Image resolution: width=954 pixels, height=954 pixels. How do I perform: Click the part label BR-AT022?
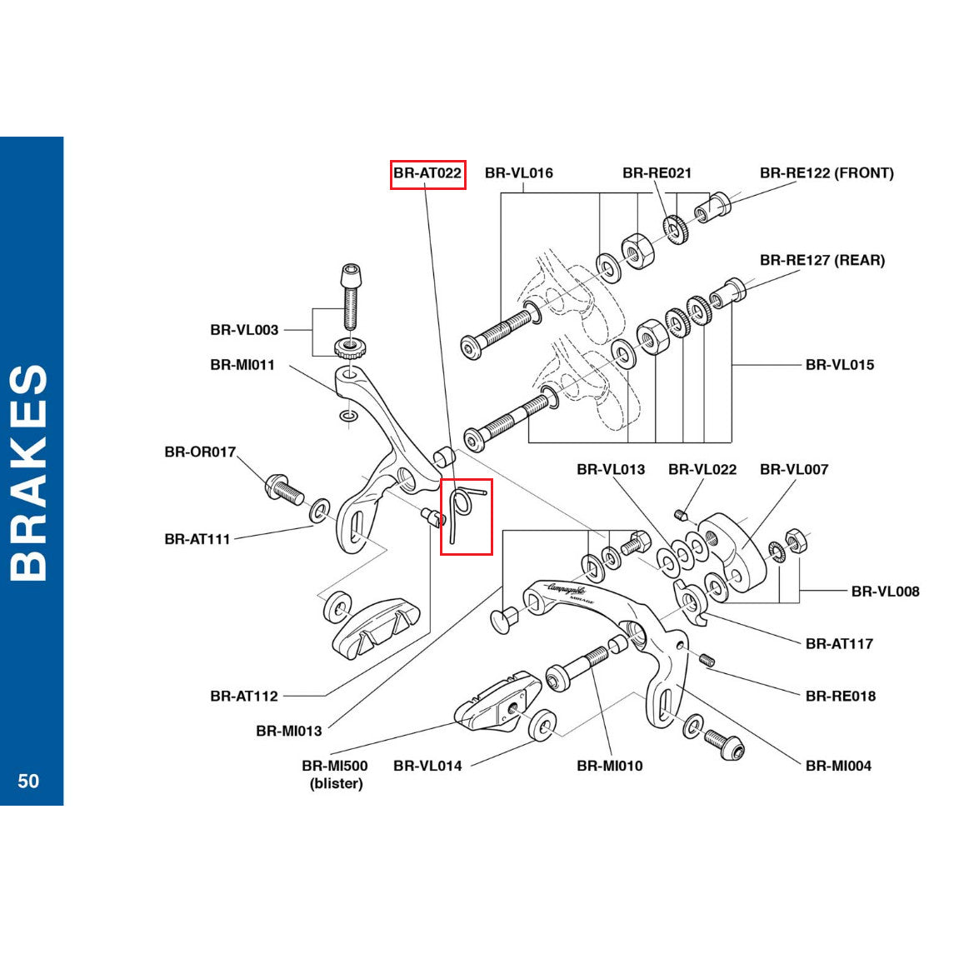point(427,173)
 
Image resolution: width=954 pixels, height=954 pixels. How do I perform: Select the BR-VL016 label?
point(518,173)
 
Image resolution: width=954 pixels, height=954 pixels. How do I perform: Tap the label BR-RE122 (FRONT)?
point(827,173)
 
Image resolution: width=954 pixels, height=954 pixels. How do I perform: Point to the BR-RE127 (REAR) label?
point(822,261)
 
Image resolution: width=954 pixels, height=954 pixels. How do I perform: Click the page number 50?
point(28,781)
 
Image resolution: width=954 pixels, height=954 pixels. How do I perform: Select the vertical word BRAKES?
point(30,472)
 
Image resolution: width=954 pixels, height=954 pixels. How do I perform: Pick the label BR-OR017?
point(200,452)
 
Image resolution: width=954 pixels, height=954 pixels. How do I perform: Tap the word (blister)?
point(336,784)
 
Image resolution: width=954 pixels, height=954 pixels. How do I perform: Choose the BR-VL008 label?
point(885,592)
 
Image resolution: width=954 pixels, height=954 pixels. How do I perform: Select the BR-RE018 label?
point(840,697)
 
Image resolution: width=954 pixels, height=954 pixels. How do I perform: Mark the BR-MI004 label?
point(838,767)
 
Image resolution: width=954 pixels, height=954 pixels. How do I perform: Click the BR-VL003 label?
point(244,331)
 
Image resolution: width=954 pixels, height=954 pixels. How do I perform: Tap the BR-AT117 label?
point(839,644)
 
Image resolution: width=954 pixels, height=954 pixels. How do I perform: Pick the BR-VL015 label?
point(839,365)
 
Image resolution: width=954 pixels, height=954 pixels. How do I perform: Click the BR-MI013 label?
point(289,732)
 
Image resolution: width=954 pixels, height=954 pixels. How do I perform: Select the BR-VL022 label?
point(702,470)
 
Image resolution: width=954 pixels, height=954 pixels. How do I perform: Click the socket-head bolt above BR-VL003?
point(351,296)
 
